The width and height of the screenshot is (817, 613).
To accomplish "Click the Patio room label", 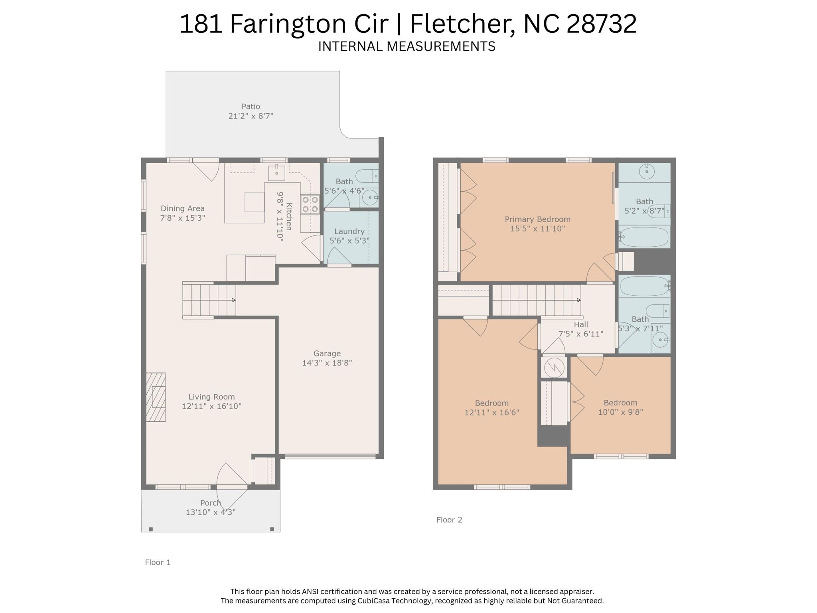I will (x=251, y=107).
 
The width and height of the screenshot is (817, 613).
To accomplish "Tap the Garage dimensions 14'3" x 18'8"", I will (x=327, y=363).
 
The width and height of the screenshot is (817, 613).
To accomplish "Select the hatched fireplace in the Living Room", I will (x=156, y=397).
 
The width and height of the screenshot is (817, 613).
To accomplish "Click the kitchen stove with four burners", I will (x=310, y=204).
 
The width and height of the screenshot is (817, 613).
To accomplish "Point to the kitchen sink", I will (x=276, y=173).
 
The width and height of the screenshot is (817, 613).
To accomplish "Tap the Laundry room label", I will (x=349, y=231).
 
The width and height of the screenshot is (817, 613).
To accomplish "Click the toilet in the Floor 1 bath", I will (x=366, y=176).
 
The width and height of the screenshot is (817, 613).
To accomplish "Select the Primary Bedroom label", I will (x=537, y=219).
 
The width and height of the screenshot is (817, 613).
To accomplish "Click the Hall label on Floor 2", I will (x=581, y=324).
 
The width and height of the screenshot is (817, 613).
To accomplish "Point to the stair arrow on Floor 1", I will (x=233, y=300).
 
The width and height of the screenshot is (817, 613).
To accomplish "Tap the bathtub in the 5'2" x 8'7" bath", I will (x=644, y=237).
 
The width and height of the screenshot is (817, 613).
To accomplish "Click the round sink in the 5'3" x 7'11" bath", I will (x=661, y=340).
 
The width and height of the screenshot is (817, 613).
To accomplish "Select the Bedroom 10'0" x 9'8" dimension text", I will (x=620, y=412).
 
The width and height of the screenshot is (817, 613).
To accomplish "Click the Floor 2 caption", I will (x=449, y=520).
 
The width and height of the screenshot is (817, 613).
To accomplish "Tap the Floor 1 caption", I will (x=158, y=562).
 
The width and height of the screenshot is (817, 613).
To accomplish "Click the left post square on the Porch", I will (x=151, y=529).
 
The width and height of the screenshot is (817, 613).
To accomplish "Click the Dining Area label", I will (x=182, y=208).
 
